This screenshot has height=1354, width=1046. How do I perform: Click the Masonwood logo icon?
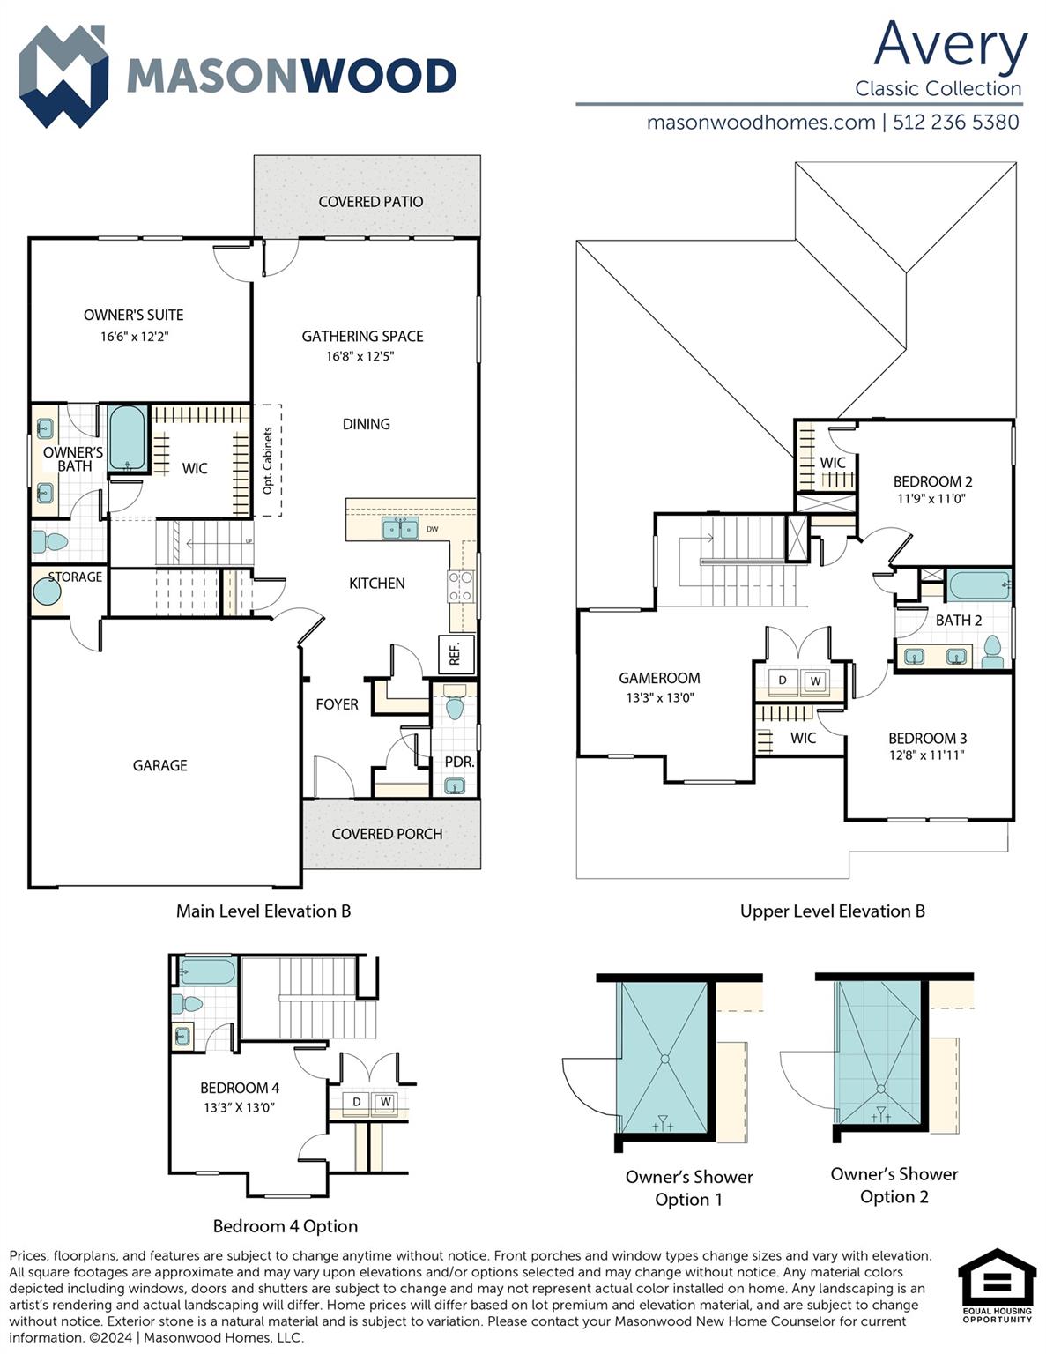[63, 76]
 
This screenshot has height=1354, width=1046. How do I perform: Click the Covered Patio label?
[370, 202]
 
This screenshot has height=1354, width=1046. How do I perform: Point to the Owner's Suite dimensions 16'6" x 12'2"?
[134, 337]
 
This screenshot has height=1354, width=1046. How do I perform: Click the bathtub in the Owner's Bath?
[128, 438]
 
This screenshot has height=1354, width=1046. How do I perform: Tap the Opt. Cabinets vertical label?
[268, 460]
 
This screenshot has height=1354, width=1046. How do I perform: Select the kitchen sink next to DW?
[400, 529]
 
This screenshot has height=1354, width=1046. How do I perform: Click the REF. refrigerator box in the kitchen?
[456, 654]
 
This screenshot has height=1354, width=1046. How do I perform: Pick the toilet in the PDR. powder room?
[455, 705]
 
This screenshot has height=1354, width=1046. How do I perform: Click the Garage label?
[159, 765]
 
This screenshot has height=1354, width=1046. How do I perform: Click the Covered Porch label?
[387, 834]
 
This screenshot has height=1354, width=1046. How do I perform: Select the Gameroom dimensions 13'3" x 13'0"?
[659, 697]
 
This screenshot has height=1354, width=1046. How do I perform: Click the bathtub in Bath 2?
[978, 584]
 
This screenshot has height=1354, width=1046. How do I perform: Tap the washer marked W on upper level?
[815, 681]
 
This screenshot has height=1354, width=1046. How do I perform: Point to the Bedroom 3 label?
[927, 739]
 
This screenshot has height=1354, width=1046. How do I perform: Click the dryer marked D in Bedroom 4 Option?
[357, 1102]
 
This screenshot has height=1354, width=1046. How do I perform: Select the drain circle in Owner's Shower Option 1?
[664, 1059]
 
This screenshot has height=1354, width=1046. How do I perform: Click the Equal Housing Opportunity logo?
[997, 1285]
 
